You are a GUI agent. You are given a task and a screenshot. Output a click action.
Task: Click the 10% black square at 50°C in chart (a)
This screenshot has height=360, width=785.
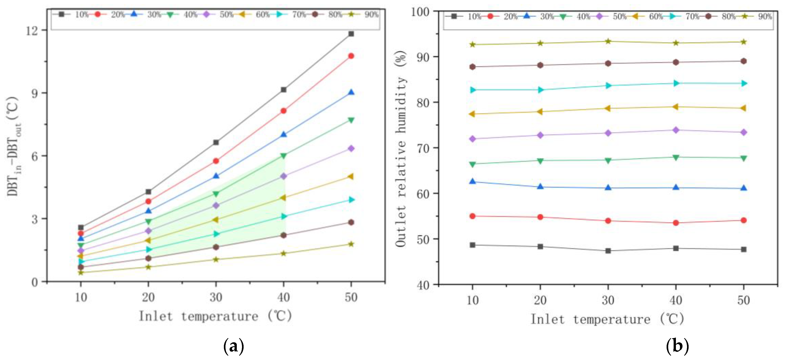(x=351, y=34)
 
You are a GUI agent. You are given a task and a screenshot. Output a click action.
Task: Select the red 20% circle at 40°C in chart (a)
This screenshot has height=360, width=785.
(x=284, y=111)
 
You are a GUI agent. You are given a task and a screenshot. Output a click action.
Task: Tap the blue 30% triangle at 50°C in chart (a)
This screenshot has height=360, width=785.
(x=351, y=92)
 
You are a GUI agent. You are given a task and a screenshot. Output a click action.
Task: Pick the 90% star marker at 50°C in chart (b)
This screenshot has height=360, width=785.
(x=743, y=42)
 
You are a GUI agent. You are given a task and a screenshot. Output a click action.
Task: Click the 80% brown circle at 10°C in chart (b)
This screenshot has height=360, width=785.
(x=473, y=67)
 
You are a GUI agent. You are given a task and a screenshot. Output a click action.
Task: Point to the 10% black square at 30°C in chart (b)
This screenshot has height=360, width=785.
(x=608, y=251)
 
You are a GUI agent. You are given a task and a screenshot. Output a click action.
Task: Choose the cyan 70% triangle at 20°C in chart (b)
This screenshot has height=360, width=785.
(x=540, y=90)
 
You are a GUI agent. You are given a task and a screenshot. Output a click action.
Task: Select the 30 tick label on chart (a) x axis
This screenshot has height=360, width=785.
(x=216, y=297)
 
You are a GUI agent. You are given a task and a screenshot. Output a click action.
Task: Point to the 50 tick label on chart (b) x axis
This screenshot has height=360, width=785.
(x=743, y=301)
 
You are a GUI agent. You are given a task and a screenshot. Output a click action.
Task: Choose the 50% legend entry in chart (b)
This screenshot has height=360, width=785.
(x=613, y=17)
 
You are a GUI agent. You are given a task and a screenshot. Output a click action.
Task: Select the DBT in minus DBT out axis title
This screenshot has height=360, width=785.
(x=14, y=146)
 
